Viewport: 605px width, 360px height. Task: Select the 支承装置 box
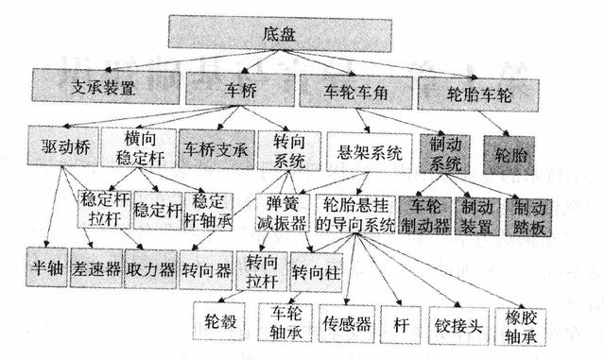click(x=105, y=91)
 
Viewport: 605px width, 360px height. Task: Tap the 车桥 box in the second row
click(x=239, y=91)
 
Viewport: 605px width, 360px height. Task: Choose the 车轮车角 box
click(x=355, y=92)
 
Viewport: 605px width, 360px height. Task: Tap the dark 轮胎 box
click(x=515, y=150)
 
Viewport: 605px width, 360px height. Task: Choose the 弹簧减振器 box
click(x=282, y=213)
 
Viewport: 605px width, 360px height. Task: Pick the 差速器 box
click(x=96, y=268)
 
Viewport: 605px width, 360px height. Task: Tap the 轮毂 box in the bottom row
click(x=221, y=321)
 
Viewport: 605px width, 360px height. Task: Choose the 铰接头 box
click(x=460, y=323)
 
